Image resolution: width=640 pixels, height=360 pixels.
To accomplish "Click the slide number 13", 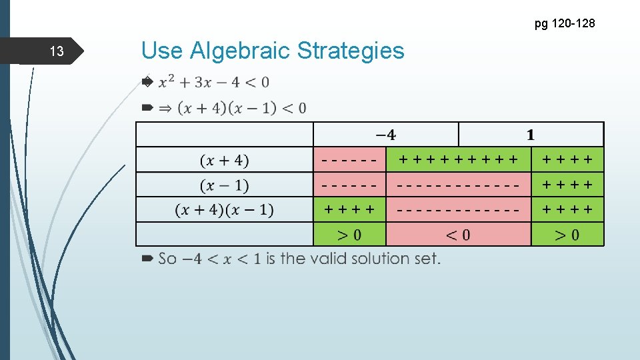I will click(x=57, y=51).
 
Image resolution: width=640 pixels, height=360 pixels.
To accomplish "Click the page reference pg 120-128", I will click(x=564, y=24).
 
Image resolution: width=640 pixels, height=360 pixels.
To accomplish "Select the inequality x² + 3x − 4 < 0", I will click(x=213, y=82).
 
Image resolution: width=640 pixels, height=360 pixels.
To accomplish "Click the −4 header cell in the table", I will click(x=385, y=135).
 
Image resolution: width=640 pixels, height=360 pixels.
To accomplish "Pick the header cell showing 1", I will click(x=531, y=135).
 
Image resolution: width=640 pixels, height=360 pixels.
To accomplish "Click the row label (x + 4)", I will click(x=224, y=160).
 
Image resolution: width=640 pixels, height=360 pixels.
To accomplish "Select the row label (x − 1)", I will click(x=224, y=185).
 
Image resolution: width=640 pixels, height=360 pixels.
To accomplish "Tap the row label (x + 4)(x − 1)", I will click(x=224, y=210).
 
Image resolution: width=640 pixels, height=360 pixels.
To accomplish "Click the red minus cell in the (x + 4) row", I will click(x=350, y=160).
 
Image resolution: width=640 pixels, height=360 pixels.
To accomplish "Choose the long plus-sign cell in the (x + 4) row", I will click(x=458, y=160).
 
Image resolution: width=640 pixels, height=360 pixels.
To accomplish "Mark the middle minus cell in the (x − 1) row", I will click(x=458, y=185).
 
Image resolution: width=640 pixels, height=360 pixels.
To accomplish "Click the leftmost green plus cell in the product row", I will click(x=350, y=210).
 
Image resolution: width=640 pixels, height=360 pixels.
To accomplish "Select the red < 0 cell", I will click(x=458, y=235).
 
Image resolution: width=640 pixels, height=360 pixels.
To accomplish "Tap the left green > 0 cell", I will click(x=350, y=235).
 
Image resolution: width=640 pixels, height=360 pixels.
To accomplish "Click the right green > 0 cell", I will click(x=567, y=235).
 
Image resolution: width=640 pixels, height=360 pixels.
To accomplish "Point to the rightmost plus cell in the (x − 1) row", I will click(x=567, y=185).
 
